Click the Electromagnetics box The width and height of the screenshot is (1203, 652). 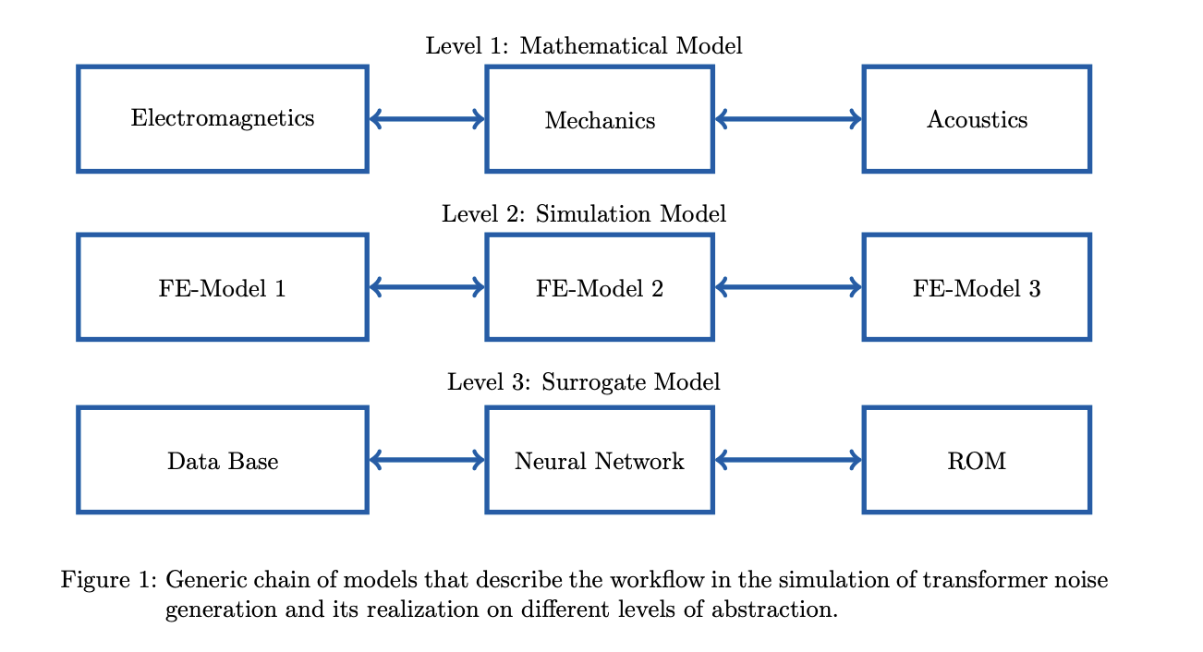pos(223,119)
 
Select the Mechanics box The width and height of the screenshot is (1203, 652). pos(600,120)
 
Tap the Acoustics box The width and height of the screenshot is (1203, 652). pos(977,120)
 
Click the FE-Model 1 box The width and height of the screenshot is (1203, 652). pos(223,288)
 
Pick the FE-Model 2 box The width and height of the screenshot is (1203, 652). pos(600,288)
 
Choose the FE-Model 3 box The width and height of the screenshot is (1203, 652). pos(977,288)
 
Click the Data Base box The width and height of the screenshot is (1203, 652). pos(223,460)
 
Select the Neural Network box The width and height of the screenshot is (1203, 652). pos(600,460)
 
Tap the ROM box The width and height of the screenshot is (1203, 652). pos(977,460)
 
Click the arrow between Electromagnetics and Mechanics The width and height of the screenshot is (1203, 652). pos(427,118)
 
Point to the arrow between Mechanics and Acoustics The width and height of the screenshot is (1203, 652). pos(788,118)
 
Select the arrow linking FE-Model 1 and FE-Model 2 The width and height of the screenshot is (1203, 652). pos(427,287)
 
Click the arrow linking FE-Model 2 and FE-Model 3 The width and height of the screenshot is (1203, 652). pos(788,287)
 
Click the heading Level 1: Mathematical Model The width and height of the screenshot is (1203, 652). pos(583,46)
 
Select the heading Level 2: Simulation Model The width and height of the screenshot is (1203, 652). pos(583,214)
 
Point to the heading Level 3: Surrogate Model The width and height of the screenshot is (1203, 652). pos(583,382)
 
